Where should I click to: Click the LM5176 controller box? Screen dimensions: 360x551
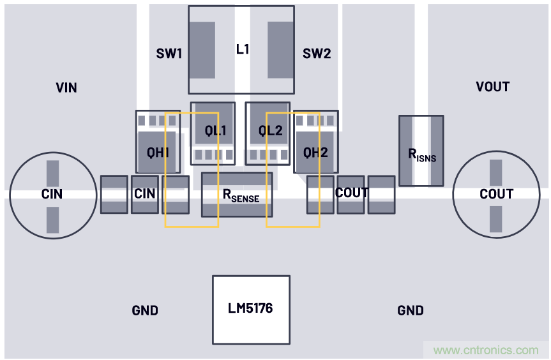(x=251, y=310)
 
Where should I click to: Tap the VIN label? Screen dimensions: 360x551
(x=66, y=87)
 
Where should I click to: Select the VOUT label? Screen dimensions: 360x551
(x=493, y=87)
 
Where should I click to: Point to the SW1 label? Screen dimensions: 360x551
(x=169, y=54)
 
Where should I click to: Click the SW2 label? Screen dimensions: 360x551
(x=317, y=54)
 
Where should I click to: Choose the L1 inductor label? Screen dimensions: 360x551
(x=243, y=49)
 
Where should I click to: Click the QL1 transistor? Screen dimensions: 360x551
(x=215, y=131)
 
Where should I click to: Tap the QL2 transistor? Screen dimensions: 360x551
(x=270, y=131)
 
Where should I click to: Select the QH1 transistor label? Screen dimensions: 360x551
(x=158, y=153)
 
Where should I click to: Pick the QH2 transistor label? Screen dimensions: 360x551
(x=315, y=153)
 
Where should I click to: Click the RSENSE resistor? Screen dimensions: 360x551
(x=237, y=195)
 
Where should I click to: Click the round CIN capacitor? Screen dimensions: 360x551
(x=52, y=193)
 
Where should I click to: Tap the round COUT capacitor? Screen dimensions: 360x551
(x=496, y=194)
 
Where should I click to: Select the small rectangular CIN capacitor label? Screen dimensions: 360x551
(x=145, y=193)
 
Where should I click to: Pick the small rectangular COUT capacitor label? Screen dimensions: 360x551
(x=351, y=193)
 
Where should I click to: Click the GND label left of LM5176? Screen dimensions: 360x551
(x=145, y=311)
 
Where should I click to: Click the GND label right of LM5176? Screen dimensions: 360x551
(x=410, y=311)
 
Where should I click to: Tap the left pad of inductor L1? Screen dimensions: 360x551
(x=202, y=50)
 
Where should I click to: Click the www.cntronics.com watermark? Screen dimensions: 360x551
(x=486, y=350)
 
